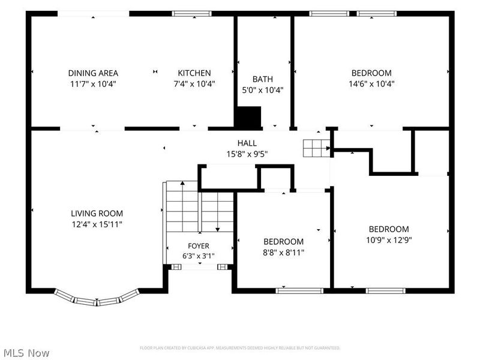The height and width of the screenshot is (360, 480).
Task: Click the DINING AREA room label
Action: (93, 73)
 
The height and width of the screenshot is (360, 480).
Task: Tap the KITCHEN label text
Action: (194, 73)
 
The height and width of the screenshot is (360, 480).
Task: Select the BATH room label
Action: (263, 79)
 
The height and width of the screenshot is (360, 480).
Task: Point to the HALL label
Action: (247, 143)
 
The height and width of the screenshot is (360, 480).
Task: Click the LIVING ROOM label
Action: (97, 214)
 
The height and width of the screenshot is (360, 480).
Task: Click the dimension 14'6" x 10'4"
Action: (371, 84)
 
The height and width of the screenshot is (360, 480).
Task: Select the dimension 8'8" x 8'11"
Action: (283, 253)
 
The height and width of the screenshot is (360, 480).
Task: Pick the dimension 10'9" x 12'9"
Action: (389, 240)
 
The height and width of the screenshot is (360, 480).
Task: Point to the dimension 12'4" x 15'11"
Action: (97, 224)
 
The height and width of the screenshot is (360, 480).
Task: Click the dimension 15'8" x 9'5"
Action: (247, 154)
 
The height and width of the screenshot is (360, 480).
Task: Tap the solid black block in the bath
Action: (248, 116)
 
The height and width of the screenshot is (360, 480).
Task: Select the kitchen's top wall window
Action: (191, 13)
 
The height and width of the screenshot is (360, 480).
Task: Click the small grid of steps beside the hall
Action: (317, 148)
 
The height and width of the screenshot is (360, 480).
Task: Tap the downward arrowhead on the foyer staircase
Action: (218, 229)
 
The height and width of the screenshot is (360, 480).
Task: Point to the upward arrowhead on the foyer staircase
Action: (182, 183)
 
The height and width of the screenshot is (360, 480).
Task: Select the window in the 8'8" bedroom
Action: (299, 291)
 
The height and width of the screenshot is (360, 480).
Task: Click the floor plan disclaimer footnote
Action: (239, 348)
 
